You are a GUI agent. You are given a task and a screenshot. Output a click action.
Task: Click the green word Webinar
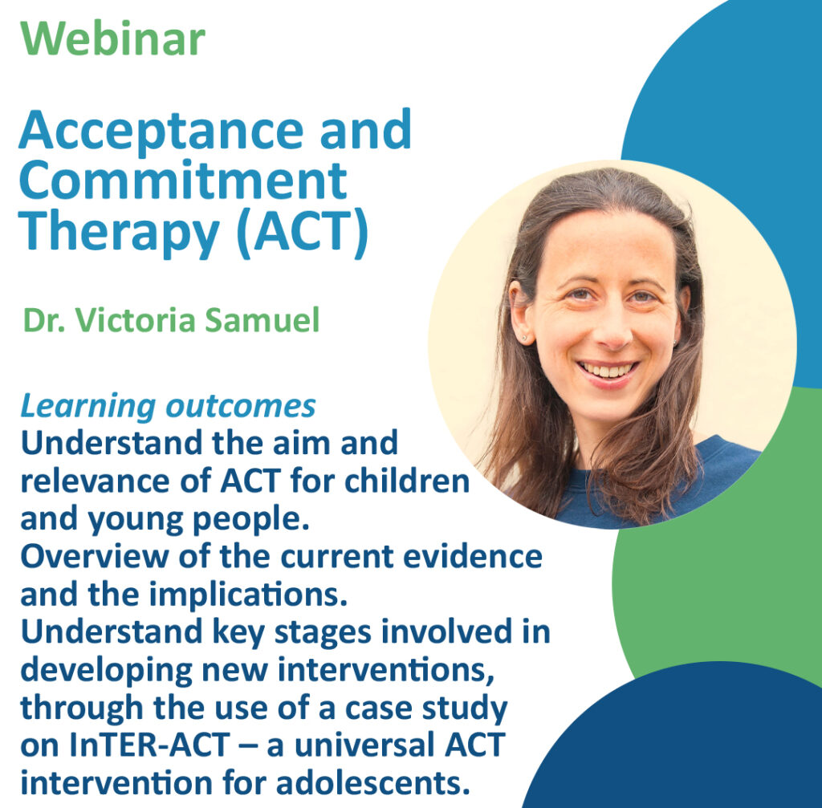[112, 39]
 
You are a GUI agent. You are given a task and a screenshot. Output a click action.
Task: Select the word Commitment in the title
[183, 181]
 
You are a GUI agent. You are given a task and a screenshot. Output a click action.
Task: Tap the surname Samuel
[262, 319]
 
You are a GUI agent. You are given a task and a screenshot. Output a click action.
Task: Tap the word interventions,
[386, 670]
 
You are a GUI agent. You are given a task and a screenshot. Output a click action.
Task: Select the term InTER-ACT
[149, 745]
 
